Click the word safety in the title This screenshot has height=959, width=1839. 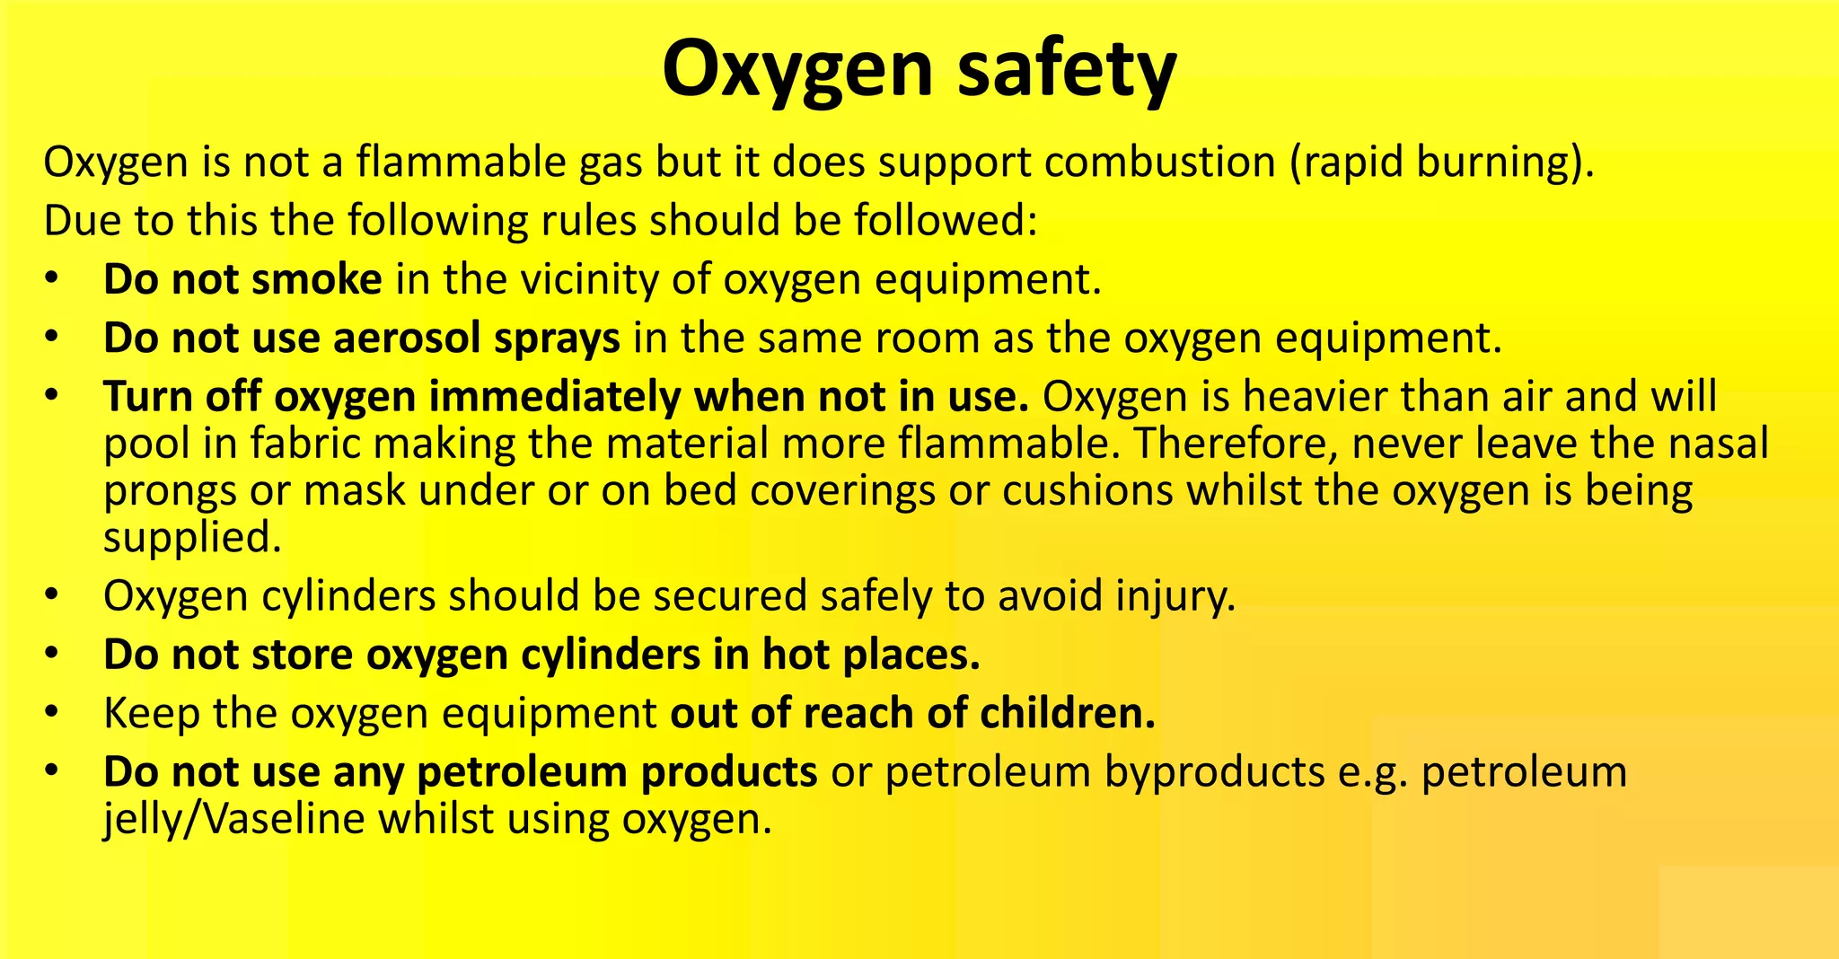1066,70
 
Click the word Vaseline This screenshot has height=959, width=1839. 285,819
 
